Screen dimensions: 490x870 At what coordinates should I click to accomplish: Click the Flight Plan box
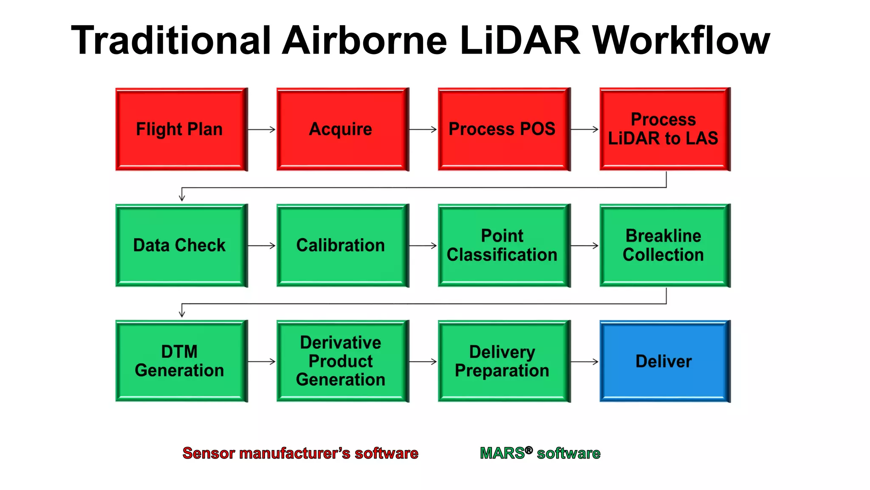181,129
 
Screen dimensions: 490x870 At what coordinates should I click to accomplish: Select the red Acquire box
342,129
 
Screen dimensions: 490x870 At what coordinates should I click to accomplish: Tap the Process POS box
504,129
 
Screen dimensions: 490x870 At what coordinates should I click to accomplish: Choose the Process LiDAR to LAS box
665,129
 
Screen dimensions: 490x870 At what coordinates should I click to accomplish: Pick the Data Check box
181,245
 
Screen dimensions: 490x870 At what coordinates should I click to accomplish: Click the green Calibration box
342,245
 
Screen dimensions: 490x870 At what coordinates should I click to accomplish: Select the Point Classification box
504,245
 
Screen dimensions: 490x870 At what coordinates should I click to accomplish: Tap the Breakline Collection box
665,245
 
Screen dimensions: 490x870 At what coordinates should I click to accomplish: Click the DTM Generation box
181,361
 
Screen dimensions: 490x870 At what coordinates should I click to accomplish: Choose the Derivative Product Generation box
342,361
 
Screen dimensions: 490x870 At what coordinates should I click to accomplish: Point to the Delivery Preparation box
504,361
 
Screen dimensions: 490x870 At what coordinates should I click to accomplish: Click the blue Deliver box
665,361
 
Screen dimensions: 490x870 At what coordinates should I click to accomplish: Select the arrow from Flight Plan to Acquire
262,129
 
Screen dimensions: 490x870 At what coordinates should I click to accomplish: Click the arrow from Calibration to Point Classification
423,245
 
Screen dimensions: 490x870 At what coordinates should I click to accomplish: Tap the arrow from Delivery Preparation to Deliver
584,362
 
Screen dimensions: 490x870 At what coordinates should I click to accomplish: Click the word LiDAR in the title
520,40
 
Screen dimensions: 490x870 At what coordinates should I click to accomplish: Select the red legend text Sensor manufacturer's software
300,453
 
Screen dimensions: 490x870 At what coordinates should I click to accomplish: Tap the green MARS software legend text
540,453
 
